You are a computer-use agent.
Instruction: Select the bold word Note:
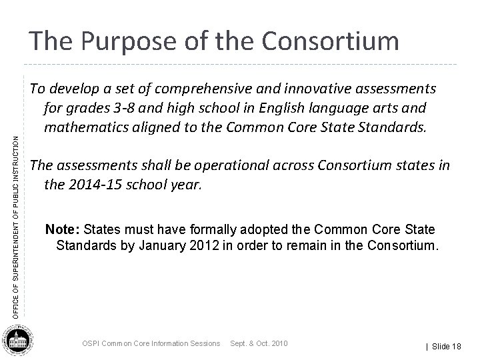(x=61, y=230)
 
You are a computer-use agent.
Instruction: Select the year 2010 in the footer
(x=276, y=343)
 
